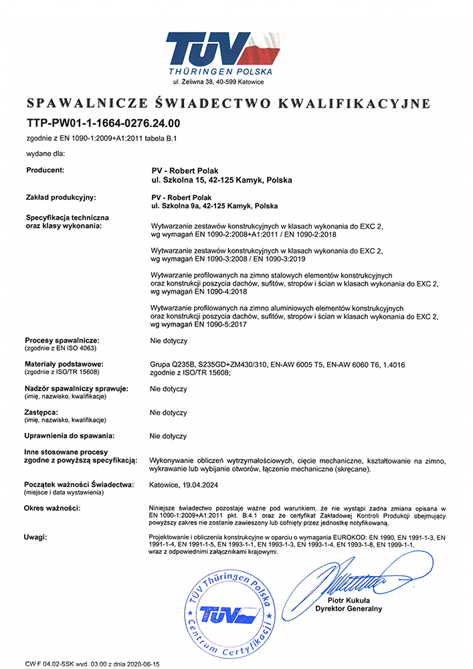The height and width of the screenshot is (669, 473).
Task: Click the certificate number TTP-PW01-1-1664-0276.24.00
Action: [104, 123]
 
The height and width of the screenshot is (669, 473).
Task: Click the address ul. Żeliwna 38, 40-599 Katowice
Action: [218, 82]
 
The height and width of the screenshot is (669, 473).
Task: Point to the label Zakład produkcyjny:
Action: [61, 197]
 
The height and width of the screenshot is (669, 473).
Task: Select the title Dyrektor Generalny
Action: [349, 609]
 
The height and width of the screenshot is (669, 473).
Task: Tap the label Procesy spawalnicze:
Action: [62, 341]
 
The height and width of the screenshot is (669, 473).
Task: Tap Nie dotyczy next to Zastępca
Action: [169, 413]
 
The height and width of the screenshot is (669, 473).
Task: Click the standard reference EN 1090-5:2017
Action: [219, 324]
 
